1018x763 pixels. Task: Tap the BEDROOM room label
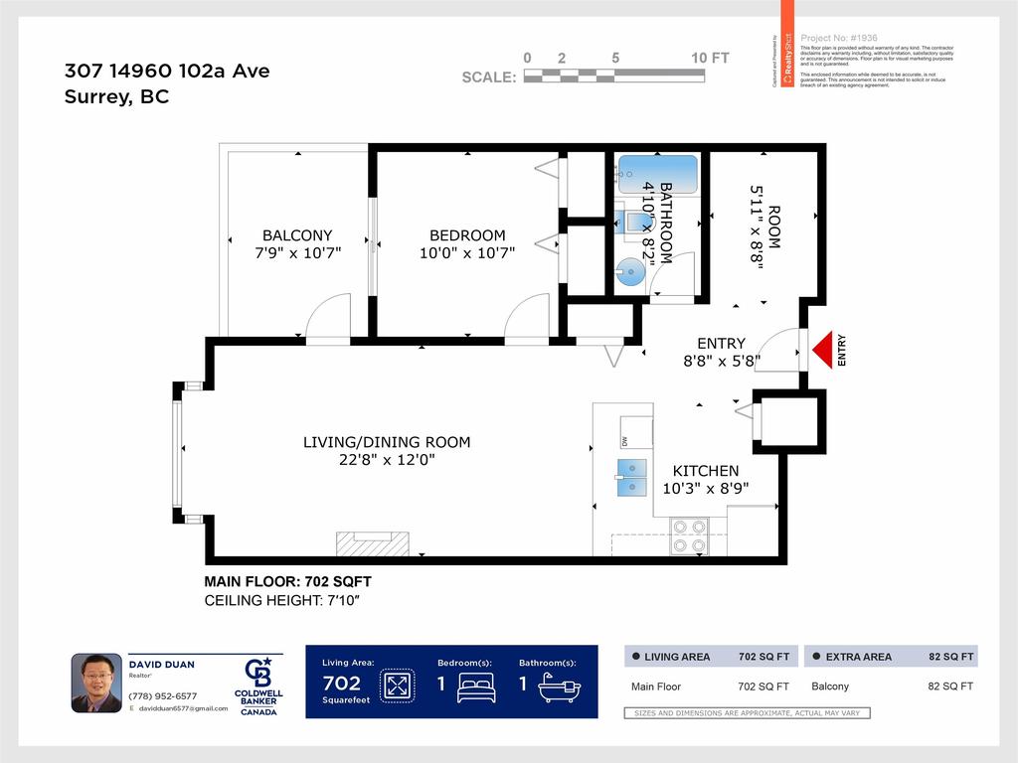466,235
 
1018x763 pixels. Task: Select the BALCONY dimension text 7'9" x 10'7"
297,253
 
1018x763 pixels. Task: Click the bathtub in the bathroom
658,174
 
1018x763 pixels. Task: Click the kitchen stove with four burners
689,536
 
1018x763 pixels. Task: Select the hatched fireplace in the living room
373,543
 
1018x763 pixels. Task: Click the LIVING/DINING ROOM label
387,442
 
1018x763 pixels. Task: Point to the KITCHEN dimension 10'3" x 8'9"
705,488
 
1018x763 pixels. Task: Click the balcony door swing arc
328,318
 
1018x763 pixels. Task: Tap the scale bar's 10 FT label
710,59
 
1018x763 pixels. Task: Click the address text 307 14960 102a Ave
167,71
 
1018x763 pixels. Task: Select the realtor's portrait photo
96,683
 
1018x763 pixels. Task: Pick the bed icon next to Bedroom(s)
475,687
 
